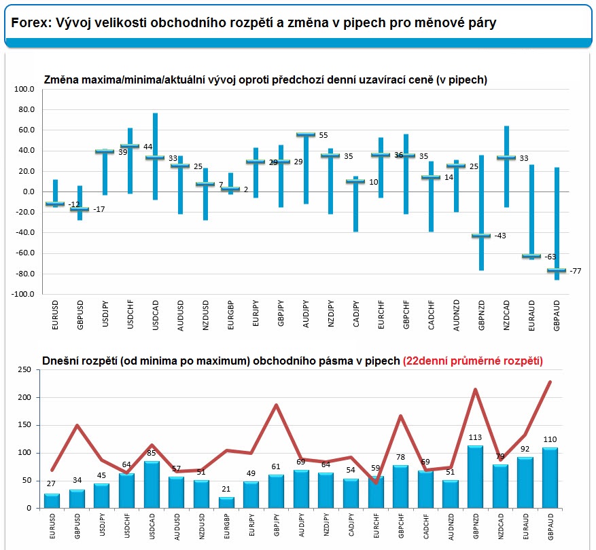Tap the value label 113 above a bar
(x=475, y=438)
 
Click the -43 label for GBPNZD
(x=500, y=236)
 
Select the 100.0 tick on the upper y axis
(x=23, y=89)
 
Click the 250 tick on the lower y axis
(x=24, y=369)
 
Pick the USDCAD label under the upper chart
(x=155, y=316)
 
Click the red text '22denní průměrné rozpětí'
(x=473, y=361)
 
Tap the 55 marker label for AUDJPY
(x=323, y=136)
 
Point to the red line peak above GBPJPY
(x=277, y=405)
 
